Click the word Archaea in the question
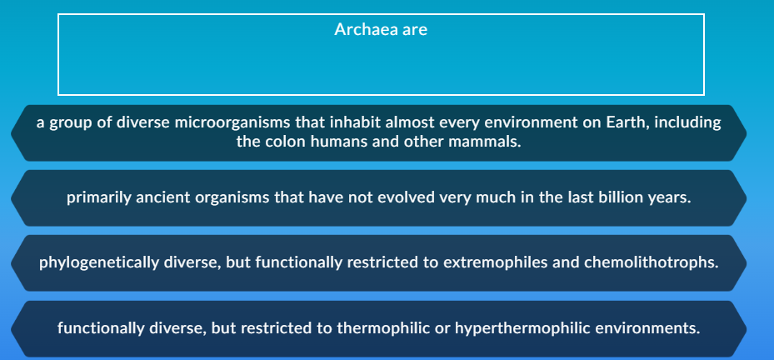365,30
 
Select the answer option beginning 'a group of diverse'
378,132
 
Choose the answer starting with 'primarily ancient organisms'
378,198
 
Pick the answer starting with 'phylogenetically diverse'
378,262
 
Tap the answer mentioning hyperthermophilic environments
378,327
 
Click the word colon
284,142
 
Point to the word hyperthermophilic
523,327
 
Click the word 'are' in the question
415,30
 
